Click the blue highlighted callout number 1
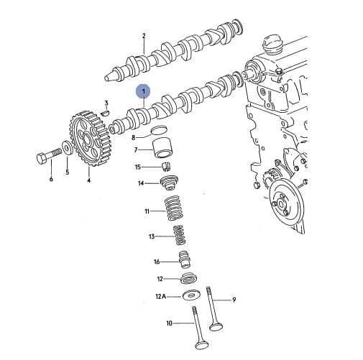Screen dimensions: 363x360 143,91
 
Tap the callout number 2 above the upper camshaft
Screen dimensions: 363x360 144,36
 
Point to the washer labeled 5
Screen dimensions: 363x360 68,148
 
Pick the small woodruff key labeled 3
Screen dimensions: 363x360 105,113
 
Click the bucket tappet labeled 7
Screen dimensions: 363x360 162,148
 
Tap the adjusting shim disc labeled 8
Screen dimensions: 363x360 158,129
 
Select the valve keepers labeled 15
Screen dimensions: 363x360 165,167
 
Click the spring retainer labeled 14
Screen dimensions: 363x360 169,183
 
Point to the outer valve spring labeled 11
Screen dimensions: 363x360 173,208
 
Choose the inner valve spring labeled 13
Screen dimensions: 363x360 180,235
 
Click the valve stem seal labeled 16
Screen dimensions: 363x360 185,259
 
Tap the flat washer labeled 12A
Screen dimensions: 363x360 191,295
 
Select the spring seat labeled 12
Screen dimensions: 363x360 189,279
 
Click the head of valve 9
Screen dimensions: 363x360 216,327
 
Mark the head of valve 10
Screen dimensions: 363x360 202,346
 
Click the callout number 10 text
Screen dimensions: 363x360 169,323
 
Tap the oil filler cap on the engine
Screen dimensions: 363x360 273,45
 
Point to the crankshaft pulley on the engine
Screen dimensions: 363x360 286,204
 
